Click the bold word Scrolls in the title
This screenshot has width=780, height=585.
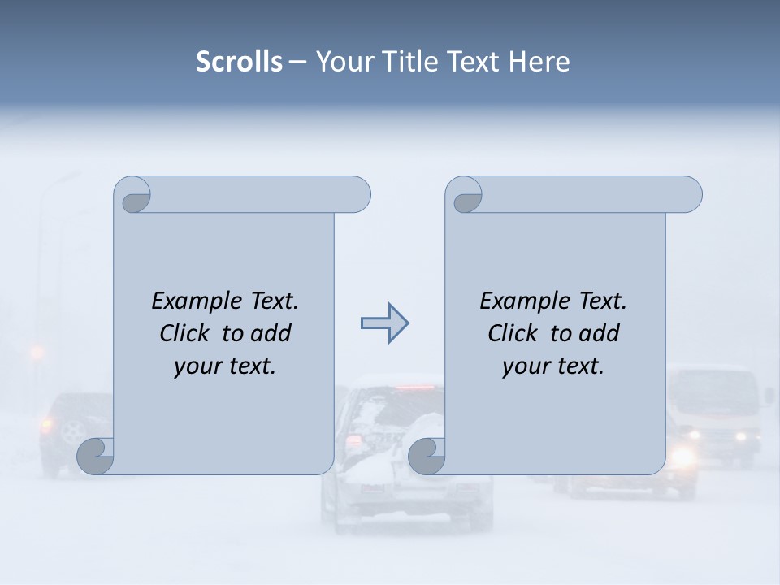239,62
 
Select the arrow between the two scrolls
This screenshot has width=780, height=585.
384,324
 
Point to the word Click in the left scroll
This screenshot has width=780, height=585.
187,333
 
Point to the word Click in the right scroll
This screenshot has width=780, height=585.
514,333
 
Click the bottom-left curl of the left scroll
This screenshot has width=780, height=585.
96,456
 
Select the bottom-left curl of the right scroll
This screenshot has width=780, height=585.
427,457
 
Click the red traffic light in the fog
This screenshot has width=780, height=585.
36,352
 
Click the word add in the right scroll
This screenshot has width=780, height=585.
600,333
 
